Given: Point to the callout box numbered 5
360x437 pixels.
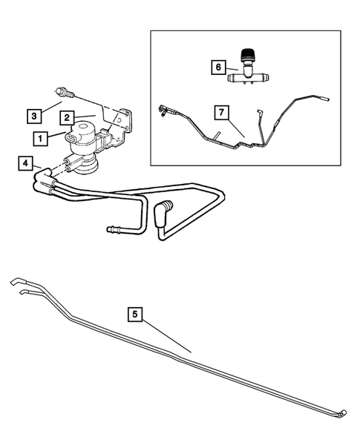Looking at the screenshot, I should pos(134,315).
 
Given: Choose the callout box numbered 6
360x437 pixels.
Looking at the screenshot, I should pos(217,67).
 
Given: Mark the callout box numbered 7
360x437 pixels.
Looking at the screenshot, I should pos(220,112).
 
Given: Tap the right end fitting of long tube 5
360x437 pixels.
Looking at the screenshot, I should pos(344,413).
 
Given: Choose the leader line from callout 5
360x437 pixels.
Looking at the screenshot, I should pos(166,332).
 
